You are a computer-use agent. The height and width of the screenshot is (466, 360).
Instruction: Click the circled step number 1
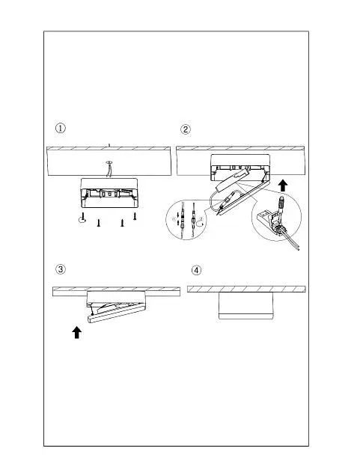coord(61,129)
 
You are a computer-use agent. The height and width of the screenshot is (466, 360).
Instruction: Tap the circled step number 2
coord(186,129)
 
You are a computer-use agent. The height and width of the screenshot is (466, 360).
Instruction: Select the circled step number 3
coord(61,269)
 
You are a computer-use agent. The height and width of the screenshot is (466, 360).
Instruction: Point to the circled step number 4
coord(196,270)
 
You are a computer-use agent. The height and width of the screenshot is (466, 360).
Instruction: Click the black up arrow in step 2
coord(284,186)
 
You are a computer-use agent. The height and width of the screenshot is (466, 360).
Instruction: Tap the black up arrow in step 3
coord(77,332)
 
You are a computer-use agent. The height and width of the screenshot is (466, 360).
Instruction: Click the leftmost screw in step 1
coord(84,217)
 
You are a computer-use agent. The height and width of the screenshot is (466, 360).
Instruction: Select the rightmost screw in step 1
coord(135,215)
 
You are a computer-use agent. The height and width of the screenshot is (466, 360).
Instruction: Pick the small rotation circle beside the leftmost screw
coord(82,220)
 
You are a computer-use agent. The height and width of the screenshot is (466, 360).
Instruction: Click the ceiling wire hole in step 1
coord(109,162)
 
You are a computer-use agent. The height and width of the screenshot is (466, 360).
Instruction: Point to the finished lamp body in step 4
coord(245,305)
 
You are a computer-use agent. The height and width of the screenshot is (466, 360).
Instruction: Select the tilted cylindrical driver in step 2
coord(231,181)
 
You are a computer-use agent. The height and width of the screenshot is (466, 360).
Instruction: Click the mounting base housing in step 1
coord(109,193)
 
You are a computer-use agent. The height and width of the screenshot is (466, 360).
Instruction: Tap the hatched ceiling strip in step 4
coord(246,289)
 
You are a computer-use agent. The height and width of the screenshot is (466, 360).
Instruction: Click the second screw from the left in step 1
coord(98,223)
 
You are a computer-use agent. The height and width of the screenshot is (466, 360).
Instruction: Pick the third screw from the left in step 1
coord(122,223)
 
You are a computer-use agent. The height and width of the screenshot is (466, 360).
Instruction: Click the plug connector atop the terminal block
coord(280,203)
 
